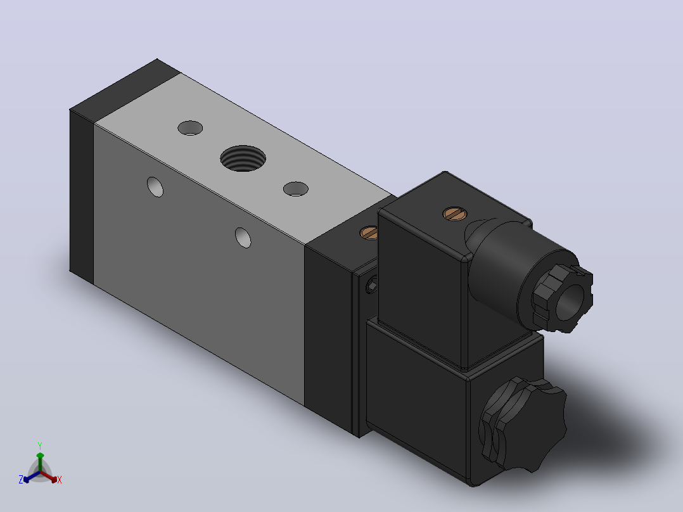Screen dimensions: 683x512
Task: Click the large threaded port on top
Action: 243,158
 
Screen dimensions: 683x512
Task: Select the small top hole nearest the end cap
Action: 190,128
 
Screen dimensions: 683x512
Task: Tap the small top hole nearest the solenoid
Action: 296,189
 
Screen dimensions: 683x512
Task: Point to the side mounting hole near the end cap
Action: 155,187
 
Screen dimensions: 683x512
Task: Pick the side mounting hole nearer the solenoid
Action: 243,238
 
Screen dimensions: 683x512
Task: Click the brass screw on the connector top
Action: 455,214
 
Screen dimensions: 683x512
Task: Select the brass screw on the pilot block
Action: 369,233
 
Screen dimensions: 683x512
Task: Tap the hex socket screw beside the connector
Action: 371,285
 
